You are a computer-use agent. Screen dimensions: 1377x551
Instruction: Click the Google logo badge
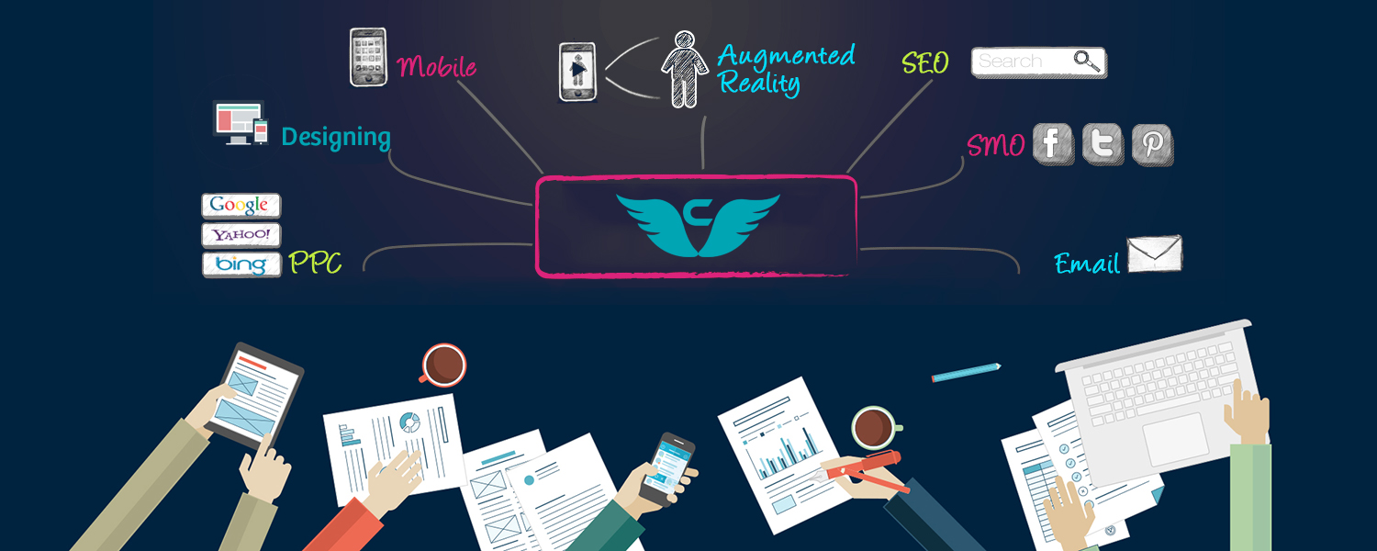(241, 206)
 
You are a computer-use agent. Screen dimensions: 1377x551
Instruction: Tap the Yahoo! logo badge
(241, 235)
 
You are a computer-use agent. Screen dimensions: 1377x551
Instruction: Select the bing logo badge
(241, 264)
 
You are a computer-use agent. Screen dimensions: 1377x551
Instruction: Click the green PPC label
(315, 263)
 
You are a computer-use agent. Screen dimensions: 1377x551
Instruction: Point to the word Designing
(336, 137)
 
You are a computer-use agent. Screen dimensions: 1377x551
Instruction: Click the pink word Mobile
(436, 66)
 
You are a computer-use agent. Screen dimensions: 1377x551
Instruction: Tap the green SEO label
(925, 62)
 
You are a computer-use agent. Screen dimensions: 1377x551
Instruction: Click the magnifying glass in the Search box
(1086, 61)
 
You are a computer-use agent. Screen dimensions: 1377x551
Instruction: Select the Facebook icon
(1053, 144)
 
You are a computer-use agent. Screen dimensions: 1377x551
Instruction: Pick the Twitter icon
(1103, 144)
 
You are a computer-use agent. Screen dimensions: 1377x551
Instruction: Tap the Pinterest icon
(1153, 145)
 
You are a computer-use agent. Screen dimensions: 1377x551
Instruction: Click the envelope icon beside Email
(1155, 253)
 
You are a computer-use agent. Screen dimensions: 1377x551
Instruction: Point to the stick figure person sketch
(685, 70)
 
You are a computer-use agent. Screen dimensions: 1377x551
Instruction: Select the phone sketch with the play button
(577, 72)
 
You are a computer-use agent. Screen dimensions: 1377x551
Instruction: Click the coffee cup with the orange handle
(443, 365)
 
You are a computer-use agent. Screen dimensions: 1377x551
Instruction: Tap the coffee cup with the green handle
(875, 427)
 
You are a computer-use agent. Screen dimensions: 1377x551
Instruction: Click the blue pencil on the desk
(966, 373)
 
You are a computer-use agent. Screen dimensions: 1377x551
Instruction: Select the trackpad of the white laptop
(1175, 438)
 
